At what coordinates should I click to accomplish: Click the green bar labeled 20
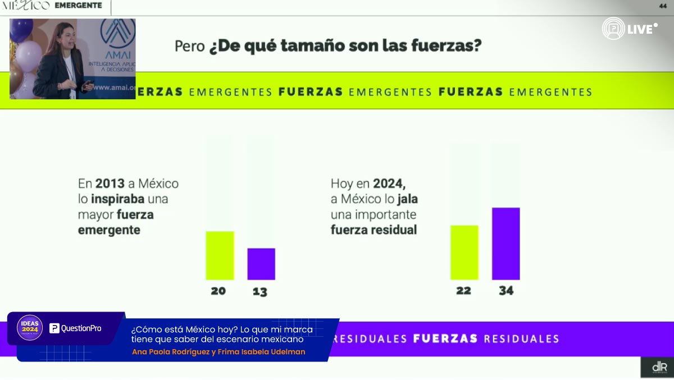tap(220, 255)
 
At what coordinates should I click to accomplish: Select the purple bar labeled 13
tap(261, 264)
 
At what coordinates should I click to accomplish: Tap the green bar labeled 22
tap(464, 252)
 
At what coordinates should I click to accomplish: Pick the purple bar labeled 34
tap(505, 244)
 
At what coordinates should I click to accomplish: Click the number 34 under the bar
tap(505, 291)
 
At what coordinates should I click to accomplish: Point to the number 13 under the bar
tap(260, 291)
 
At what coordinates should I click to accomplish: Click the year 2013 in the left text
tap(110, 184)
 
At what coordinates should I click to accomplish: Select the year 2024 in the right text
tap(389, 184)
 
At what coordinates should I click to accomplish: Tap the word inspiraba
tap(119, 199)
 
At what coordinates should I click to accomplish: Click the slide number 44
tap(662, 6)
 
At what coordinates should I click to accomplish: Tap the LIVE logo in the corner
tap(629, 29)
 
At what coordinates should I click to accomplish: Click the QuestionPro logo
tap(75, 328)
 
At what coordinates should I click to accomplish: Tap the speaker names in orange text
tap(218, 352)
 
